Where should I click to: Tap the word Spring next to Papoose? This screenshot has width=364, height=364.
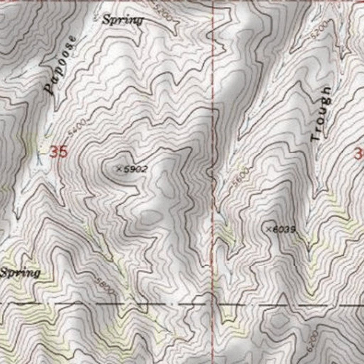point(123,20)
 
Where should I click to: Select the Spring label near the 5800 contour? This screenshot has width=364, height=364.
point(20,273)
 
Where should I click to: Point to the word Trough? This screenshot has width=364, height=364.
point(321,114)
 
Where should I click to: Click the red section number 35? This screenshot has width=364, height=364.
point(58,152)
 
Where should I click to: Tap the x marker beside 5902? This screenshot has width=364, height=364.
point(119,169)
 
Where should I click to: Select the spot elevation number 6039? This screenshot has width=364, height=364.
point(284,230)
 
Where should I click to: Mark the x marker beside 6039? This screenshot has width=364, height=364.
point(269,229)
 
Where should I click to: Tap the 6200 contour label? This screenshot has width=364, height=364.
point(312,341)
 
